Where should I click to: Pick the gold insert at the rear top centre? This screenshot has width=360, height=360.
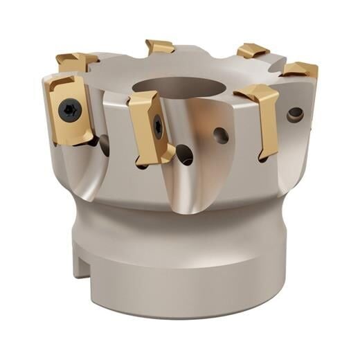tap(159, 47)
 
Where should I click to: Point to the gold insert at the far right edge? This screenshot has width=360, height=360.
tap(300, 69)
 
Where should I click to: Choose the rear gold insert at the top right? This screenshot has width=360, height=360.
tap(252, 50)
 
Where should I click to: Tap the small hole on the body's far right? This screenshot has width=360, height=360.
tap(295, 114)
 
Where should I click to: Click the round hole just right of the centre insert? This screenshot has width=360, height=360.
tap(221, 134)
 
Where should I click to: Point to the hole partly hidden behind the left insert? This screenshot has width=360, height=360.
tap(104, 144)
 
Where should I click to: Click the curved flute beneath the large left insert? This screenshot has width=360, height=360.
tap(90, 170)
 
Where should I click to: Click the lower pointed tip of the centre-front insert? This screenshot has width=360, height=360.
tap(167, 160)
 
